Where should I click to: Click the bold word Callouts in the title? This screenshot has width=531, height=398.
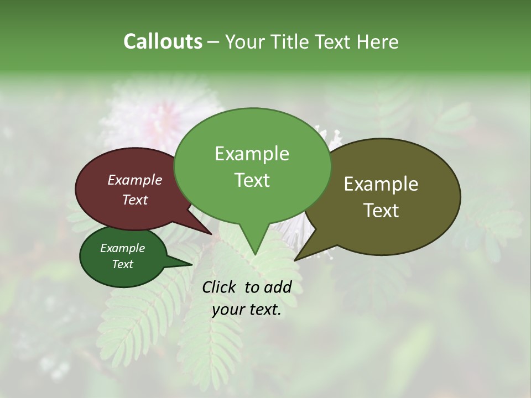pyautogui.click(x=163, y=41)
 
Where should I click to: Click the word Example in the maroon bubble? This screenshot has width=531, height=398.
pyautogui.click(x=135, y=180)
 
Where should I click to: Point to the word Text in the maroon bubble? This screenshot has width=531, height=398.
pyautogui.click(x=135, y=200)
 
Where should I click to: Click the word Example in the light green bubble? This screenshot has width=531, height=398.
pyautogui.click(x=252, y=154)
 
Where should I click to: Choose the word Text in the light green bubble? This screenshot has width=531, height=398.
pyautogui.click(x=252, y=180)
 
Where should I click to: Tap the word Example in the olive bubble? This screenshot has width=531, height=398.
pyautogui.click(x=381, y=184)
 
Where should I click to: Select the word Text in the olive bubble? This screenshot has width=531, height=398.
pyautogui.click(x=381, y=210)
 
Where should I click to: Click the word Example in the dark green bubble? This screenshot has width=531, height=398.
pyautogui.click(x=123, y=248)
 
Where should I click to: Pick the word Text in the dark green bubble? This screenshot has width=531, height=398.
pyautogui.click(x=123, y=264)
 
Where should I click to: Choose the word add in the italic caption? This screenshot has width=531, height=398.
pyautogui.click(x=278, y=287)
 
